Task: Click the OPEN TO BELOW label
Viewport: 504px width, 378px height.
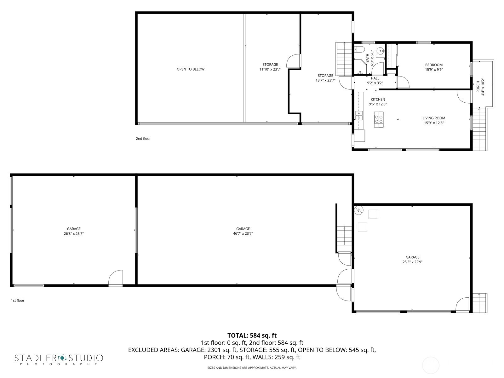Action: click(190, 69)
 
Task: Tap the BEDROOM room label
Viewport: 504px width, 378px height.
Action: click(433, 65)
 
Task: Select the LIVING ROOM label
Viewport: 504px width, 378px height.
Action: click(434, 118)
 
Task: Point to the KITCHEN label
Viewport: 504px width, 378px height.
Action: click(378, 99)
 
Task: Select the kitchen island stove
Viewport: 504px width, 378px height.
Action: click(379, 119)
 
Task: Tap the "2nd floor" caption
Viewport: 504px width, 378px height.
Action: click(143, 139)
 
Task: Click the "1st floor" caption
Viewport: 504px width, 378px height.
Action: click(18, 301)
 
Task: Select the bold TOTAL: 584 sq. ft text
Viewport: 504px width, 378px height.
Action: click(252, 335)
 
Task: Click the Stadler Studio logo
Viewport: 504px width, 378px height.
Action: click(59, 360)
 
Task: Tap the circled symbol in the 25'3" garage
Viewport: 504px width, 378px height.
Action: click(359, 210)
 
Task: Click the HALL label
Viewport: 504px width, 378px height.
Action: click(375, 78)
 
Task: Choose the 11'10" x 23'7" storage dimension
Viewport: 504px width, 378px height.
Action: click(270, 69)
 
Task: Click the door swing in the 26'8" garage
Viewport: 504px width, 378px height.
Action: click(116, 278)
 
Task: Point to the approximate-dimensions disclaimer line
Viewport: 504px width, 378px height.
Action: click(252, 368)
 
